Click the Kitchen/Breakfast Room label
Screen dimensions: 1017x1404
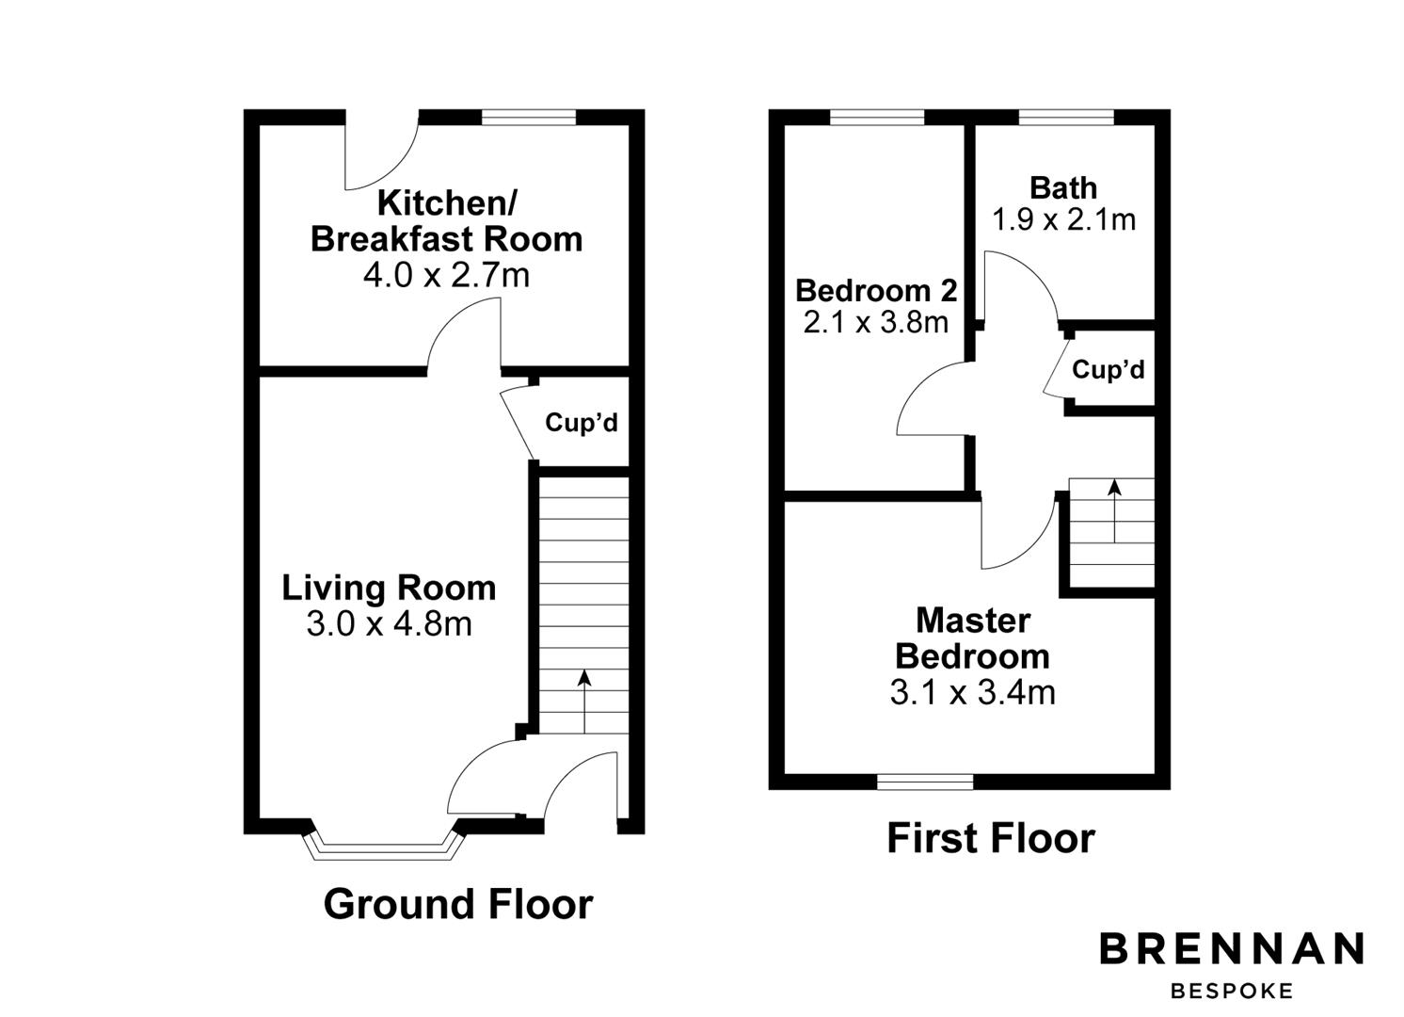point(446,221)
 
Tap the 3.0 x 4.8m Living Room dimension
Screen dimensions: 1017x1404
point(389,623)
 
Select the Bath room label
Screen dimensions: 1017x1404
point(1063,187)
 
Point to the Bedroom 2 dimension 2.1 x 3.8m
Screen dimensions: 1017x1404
point(875,323)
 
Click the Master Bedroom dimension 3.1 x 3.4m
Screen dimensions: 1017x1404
point(972,693)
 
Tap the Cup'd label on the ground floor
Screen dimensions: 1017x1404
point(582,423)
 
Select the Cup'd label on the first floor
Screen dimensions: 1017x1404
point(1109,370)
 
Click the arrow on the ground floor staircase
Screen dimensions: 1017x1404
point(583,701)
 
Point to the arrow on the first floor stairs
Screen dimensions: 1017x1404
point(1114,509)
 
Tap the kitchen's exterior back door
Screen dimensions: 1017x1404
point(381,151)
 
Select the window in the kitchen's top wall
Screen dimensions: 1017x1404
point(529,118)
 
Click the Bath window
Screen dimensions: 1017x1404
point(1066,118)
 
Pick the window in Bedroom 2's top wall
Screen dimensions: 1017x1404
point(877,118)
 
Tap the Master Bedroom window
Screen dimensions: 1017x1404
point(925,782)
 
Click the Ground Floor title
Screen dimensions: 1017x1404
point(458,904)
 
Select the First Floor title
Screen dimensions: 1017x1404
point(991,838)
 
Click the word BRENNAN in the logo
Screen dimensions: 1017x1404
point(1232,949)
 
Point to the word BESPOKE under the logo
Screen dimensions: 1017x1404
point(1232,991)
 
